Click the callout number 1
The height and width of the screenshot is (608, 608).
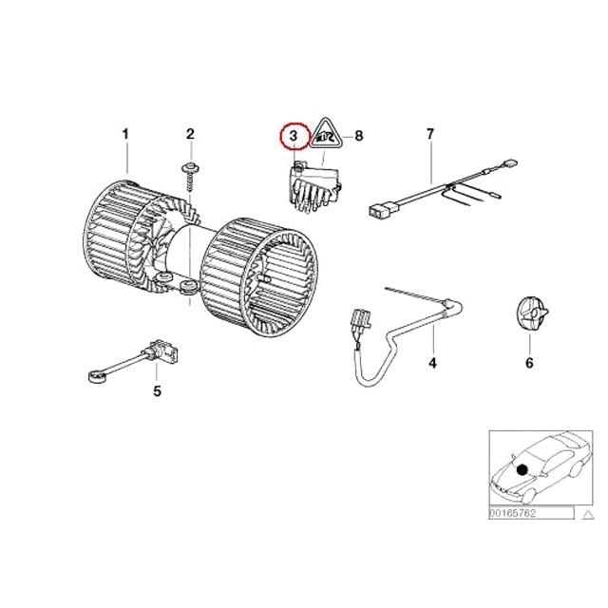pos(125,135)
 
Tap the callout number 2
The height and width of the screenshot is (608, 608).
pos(190,135)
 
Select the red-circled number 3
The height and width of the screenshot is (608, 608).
pos(294,137)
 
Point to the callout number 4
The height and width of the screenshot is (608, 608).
pos(433,363)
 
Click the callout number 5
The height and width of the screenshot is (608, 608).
pos(157,391)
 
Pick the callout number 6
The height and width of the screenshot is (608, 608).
pos(529,363)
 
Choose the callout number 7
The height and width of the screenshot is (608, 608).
pos(430,135)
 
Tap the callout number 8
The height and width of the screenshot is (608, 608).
pos(359,136)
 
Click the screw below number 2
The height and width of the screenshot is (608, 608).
pos(190,177)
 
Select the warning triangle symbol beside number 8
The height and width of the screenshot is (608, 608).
pos(326,134)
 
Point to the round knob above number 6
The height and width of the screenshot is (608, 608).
pos(532,313)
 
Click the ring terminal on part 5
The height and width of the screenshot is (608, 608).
pos(96,376)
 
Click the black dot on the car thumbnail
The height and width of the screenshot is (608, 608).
pos(522,470)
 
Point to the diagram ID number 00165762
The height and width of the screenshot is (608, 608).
pos(512,513)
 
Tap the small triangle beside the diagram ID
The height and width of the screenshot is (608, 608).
pos(588,515)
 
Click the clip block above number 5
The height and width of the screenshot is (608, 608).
pos(164,350)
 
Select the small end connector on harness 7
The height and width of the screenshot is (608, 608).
pos(511,162)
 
